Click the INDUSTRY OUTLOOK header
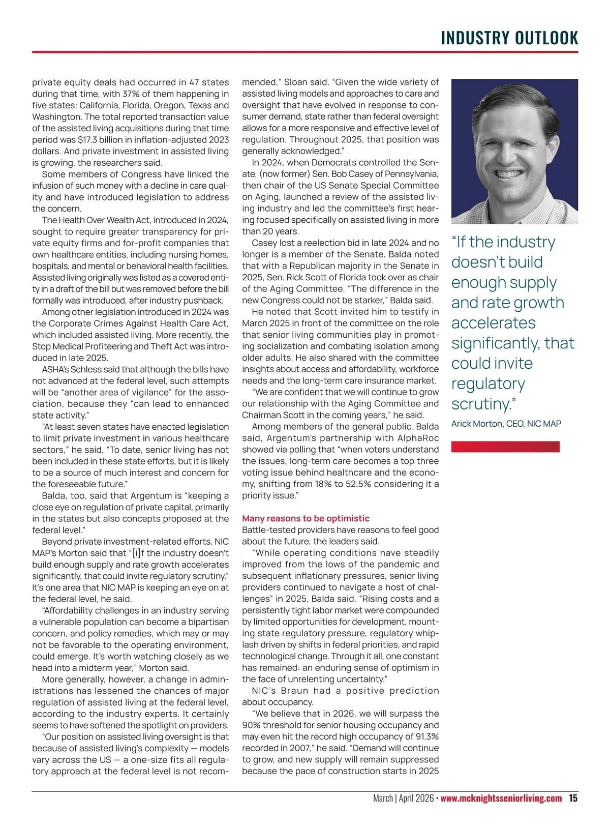(509, 38)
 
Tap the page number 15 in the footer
(573, 798)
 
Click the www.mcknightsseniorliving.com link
(501, 798)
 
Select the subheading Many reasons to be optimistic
(306, 518)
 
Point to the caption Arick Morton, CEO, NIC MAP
(506, 424)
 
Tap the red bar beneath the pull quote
(505, 447)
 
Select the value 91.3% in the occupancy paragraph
(425, 736)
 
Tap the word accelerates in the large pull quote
(493, 323)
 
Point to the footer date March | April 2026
(403, 798)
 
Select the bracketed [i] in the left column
(136, 553)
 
